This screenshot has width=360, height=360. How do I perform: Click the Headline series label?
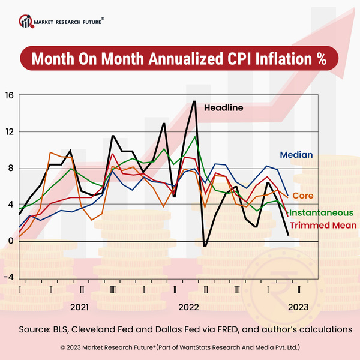tap(223, 108)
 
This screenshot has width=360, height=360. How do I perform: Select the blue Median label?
tap(296, 155)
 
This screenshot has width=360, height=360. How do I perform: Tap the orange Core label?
tap(303, 196)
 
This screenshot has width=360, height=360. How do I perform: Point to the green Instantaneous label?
tap(321, 212)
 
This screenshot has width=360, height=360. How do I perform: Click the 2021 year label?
tap(80, 307)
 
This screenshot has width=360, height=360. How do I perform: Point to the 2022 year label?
tap(188, 307)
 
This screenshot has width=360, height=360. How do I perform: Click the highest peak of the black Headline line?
tap(194, 101)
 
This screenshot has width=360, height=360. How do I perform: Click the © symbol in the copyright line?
tap(63, 347)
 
